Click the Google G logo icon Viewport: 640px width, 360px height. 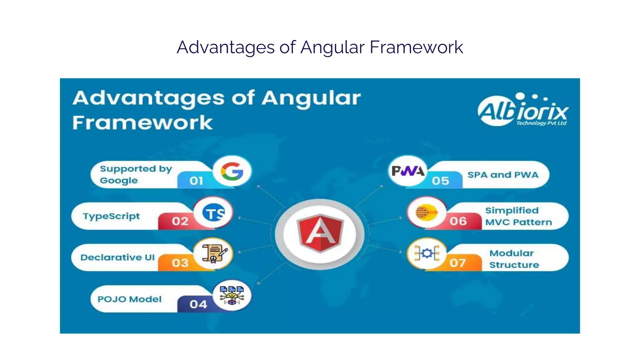(232, 172)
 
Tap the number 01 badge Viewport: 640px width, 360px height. (196, 181)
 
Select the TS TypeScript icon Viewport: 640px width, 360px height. (213, 213)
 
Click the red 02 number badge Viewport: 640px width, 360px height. (180, 221)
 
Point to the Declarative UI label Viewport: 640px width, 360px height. (117, 257)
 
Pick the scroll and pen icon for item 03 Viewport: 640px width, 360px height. (214, 253)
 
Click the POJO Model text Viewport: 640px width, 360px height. (129, 299)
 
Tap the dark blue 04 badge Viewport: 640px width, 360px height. (198, 304)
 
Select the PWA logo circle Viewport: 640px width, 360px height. (408, 171)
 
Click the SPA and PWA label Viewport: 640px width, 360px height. (503, 175)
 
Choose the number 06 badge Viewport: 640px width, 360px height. (458, 221)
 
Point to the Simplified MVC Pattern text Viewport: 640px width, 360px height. (518, 216)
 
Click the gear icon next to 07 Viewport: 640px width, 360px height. (427, 253)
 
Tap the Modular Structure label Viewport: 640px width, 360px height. (514, 259)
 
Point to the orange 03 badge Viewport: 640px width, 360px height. (180, 263)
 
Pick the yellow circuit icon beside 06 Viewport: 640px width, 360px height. (426, 213)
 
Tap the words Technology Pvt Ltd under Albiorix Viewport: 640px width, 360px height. (541, 123)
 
